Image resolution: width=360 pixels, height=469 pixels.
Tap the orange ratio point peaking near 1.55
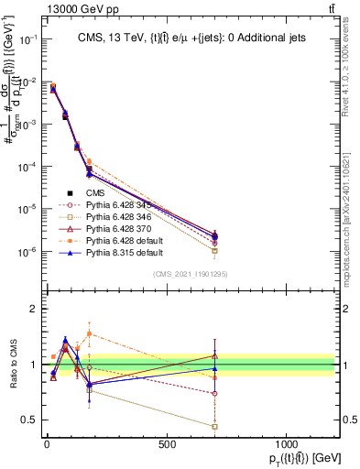(89, 333)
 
